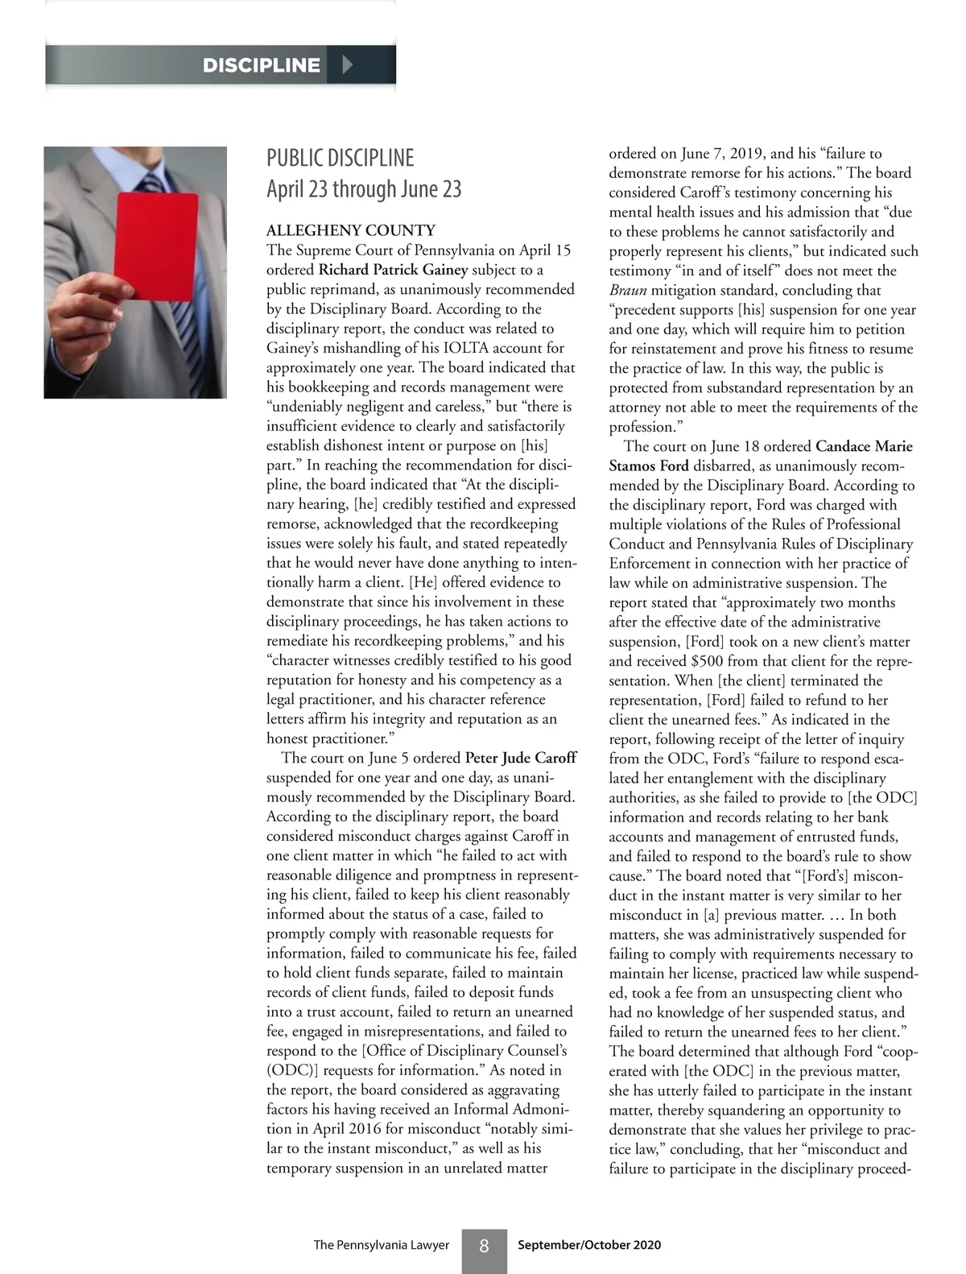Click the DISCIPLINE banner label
point(261,65)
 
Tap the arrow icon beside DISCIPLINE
point(348,64)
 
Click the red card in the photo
point(156,246)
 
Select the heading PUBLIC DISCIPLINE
point(340,158)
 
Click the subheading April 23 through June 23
point(364,189)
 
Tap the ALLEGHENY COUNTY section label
point(351,230)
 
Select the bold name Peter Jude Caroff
point(521,758)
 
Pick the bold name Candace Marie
point(864,446)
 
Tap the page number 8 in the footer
point(484,1246)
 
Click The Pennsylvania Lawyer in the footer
point(381,1245)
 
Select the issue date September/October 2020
point(589,1245)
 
